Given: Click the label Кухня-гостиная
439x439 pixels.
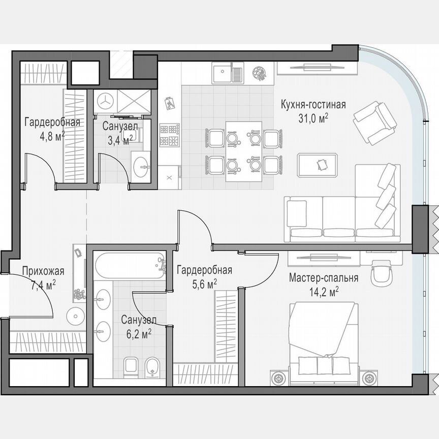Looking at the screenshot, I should (313, 105).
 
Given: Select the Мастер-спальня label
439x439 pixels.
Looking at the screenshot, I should (324, 278).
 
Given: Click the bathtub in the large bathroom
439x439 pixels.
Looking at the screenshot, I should (130, 265).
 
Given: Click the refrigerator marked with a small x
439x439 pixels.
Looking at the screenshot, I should (169, 177).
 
